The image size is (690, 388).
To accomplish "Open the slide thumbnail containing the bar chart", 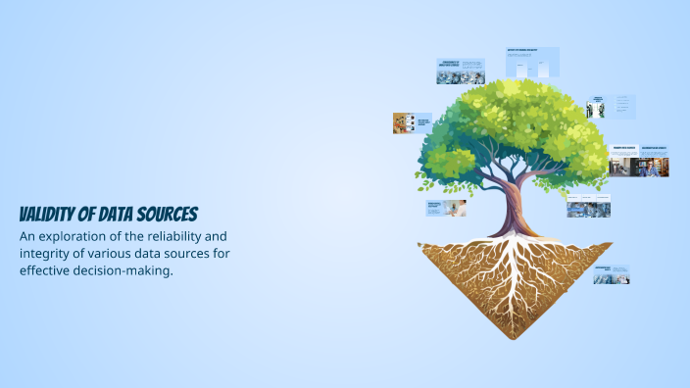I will [x=532, y=63].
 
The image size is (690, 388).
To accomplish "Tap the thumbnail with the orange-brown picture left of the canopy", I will [x=411, y=122].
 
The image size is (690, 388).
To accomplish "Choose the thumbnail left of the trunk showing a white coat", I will [x=446, y=208].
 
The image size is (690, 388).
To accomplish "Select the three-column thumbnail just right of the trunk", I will [x=588, y=208].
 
